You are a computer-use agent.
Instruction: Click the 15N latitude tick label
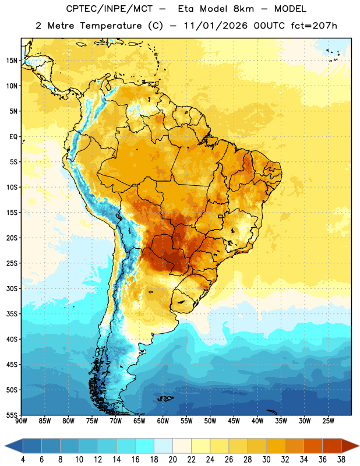click(12, 61)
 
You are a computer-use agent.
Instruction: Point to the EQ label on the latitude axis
click(13, 137)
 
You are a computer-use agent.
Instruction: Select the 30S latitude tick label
click(12, 288)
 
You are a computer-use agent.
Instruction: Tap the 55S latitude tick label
click(12, 415)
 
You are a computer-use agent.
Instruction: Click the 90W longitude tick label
click(22, 421)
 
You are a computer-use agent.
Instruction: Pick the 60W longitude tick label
click(163, 421)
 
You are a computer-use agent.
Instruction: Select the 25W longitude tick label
click(328, 421)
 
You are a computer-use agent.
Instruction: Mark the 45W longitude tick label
click(234, 421)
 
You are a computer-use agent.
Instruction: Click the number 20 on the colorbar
click(172, 460)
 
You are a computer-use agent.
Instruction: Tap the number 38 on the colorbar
click(341, 460)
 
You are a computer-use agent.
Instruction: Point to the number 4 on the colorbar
click(23, 460)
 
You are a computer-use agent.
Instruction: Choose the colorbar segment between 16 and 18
click(144, 446)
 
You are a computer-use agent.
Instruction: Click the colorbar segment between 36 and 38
click(332, 446)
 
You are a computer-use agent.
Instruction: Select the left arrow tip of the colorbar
click(5, 446)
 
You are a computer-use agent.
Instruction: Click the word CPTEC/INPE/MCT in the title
click(109, 9)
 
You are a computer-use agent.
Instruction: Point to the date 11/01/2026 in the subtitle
click(216, 26)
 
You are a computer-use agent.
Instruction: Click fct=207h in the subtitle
click(314, 26)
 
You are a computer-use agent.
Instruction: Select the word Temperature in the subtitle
click(111, 26)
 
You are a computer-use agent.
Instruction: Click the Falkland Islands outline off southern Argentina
click(165, 398)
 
